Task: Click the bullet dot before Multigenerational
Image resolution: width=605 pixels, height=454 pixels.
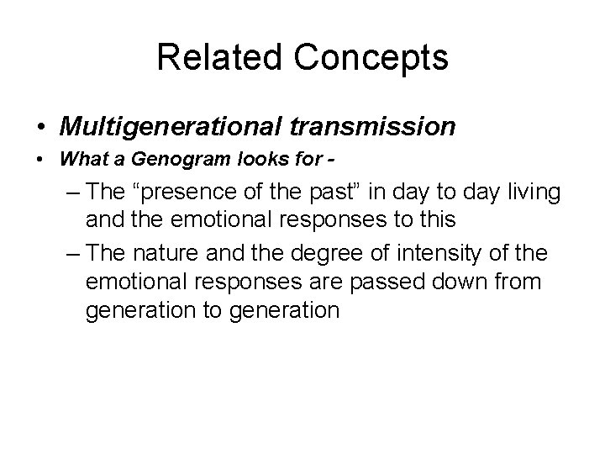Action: [x=41, y=127]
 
